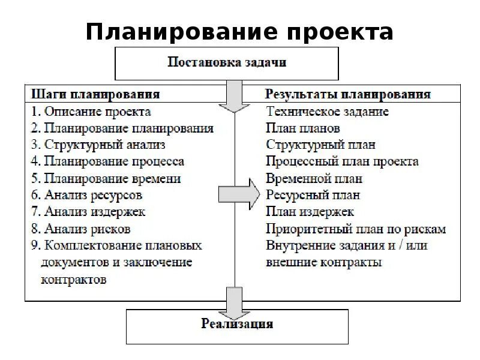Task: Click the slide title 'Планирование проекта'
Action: [239, 31]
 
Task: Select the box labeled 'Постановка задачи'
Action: [226, 63]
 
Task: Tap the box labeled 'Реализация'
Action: [237, 325]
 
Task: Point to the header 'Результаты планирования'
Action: [348, 95]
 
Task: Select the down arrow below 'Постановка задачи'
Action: [234, 96]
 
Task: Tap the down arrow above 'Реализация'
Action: [234, 304]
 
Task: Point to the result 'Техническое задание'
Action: [328, 112]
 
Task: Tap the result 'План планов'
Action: [303, 128]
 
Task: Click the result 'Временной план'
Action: [314, 179]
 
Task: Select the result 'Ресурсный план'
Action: [313, 195]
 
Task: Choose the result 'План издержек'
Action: [310, 212]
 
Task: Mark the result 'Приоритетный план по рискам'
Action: [356, 229]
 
